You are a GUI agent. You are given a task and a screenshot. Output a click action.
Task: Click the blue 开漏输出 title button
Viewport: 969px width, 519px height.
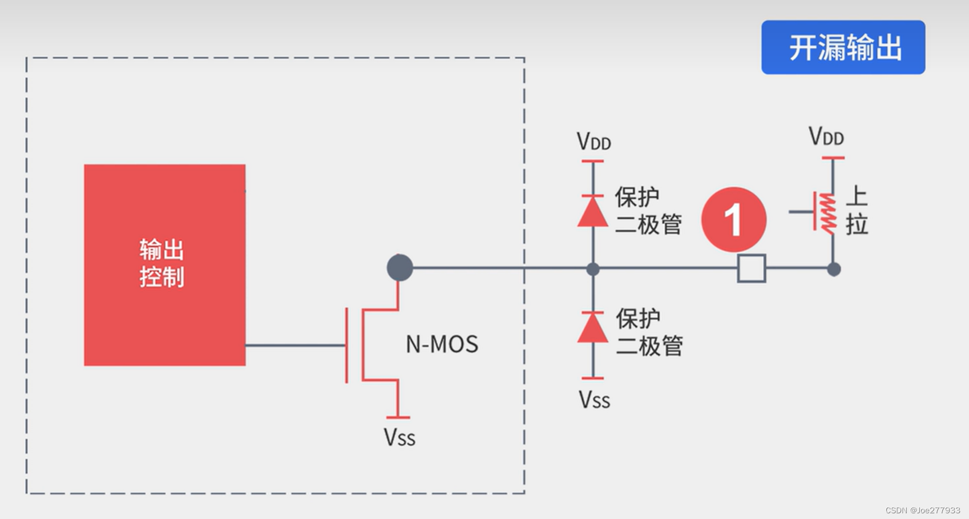[x=843, y=47]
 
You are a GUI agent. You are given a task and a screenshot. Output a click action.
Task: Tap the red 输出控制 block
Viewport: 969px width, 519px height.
[x=164, y=265]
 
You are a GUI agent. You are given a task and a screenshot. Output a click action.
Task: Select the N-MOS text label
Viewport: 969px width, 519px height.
[x=442, y=344]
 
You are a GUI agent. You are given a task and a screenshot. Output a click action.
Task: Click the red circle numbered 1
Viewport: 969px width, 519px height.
[x=733, y=220]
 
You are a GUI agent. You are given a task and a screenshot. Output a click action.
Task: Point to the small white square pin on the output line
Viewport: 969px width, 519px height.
[x=751, y=268]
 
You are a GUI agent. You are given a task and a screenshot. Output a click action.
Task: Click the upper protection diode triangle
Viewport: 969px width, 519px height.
[x=592, y=212]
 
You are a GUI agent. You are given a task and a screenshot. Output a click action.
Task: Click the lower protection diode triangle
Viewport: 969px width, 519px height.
[x=592, y=329]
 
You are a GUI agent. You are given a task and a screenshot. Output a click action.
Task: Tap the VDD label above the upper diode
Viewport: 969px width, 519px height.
[x=593, y=142]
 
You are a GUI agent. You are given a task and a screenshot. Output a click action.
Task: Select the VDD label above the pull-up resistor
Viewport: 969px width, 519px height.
[x=826, y=137]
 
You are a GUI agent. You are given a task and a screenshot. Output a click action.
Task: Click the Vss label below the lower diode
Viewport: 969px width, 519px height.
[x=594, y=400]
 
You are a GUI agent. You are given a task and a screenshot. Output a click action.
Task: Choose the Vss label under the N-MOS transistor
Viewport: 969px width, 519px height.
[x=399, y=438]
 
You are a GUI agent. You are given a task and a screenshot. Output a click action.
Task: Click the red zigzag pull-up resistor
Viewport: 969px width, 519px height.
[x=827, y=214]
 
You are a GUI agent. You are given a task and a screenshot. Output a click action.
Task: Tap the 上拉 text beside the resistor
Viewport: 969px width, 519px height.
[x=857, y=210]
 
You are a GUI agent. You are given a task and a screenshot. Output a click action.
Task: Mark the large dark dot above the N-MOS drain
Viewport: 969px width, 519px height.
[x=399, y=268]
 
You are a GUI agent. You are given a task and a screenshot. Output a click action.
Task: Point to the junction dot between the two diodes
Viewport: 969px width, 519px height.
[x=593, y=269]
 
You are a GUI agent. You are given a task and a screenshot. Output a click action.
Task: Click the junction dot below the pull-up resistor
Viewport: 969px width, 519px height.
[x=834, y=269]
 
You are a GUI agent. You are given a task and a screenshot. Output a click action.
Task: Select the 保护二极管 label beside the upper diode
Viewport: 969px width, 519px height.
[x=648, y=210]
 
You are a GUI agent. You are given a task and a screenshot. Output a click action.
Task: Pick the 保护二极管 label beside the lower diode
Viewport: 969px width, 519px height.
[x=649, y=332]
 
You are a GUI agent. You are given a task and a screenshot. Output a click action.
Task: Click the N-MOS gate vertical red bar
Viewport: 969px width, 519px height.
[x=346, y=345]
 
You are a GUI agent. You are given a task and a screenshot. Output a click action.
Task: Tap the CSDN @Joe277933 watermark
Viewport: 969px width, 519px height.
[x=922, y=510]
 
